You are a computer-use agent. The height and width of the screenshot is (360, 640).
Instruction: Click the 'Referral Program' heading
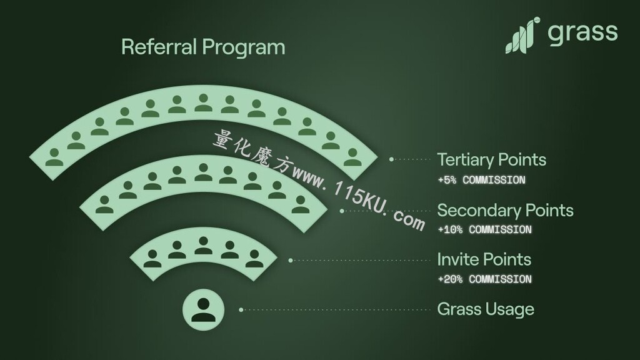tap(203, 47)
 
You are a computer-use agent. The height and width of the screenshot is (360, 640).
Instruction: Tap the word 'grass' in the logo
tap(582, 32)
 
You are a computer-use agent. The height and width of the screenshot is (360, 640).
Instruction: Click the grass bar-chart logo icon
tap(523, 36)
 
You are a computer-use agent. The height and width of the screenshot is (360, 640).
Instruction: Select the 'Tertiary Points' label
tap(491, 160)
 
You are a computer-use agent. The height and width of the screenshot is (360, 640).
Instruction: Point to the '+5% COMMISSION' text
tap(482, 180)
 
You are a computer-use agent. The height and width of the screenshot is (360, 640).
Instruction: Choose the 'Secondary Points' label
tap(505, 210)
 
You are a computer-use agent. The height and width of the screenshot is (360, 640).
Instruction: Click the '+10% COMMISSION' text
tap(485, 230)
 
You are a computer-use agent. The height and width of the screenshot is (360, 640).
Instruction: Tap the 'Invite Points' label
tap(484, 259)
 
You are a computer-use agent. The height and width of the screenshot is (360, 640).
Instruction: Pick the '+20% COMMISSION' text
tap(485, 279)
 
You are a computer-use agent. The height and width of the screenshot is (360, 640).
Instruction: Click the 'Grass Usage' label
tap(486, 309)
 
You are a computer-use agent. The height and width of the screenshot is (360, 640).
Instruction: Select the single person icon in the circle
tap(203, 310)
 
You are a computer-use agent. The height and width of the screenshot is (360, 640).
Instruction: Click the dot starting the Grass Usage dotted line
tap(241, 310)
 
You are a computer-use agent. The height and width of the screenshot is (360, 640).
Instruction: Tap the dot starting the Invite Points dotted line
tap(291, 261)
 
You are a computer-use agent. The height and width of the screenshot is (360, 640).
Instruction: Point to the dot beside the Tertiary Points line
tap(391, 159)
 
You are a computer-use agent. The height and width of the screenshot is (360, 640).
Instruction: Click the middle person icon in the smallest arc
tap(203, 246)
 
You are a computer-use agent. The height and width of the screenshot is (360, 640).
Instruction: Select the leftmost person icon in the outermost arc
tap(54, 157)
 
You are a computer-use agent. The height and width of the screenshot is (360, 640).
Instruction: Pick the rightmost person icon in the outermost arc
tap(352, 157)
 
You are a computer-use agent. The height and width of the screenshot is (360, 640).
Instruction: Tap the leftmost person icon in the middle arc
tap(104, 204)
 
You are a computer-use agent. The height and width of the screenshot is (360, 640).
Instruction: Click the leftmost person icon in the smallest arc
tap(152, 259)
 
